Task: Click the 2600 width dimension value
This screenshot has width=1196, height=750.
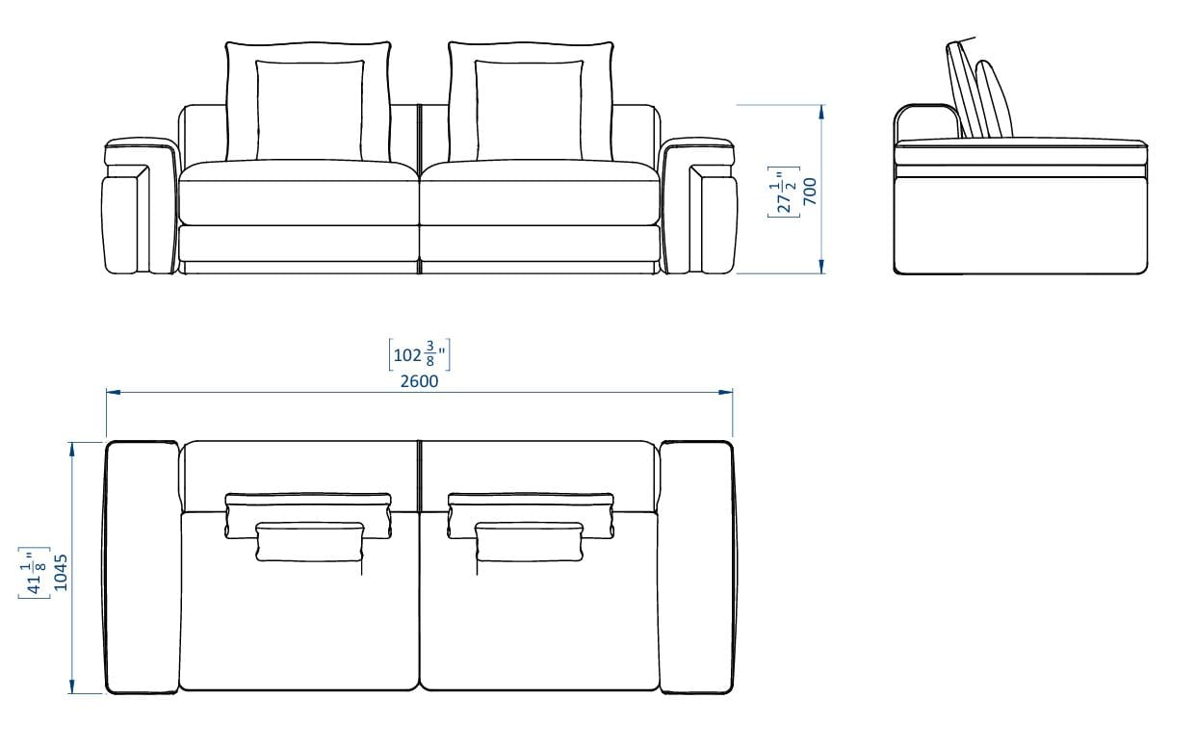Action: (x=419, y=381)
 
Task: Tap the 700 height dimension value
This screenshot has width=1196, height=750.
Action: (x=810, y=191)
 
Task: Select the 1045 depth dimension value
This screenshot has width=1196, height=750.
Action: (x=61, y=572)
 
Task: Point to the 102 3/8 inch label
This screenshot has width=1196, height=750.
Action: (x=419, y=354)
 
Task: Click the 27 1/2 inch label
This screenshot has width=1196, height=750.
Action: (x=784, y=193)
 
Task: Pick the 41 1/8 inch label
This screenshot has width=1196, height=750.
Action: (x=34, y=572)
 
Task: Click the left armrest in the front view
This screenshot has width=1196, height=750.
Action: (x=140, y=207)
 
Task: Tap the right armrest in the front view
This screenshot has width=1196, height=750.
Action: (x=699, y=207)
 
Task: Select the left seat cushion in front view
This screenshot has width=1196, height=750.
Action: (x=299, y=193)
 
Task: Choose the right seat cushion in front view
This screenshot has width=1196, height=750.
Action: (x=540, y=193)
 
